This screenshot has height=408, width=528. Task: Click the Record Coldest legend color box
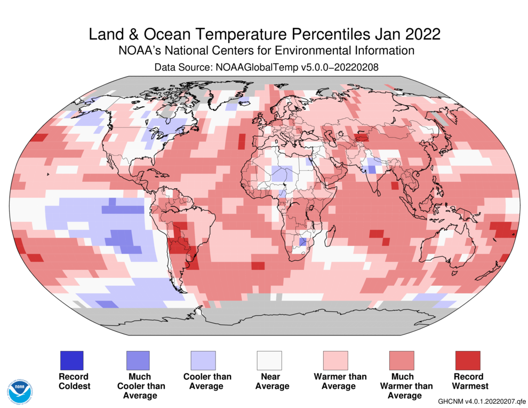[x=71, y=360]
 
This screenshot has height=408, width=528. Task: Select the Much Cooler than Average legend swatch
[x=137, y=360]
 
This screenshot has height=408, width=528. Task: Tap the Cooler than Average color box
[x=203, y=360]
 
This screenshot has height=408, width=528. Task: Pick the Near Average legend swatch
[x=269, y=360]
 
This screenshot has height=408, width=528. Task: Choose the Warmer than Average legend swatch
[x=335, y=360]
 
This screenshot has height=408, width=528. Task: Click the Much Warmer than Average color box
[x=402, y=360]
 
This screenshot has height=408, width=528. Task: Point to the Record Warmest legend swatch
[x=468, y=360]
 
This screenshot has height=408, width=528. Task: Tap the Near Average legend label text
[x=271, y=381]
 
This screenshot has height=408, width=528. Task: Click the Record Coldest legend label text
[x=74, y=381]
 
